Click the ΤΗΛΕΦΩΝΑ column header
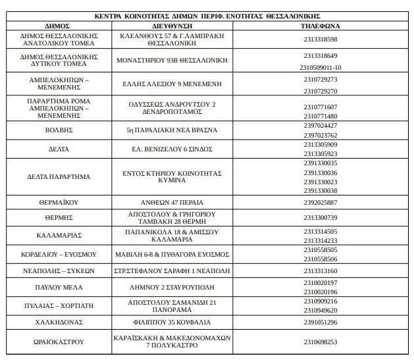(x=320, y=26)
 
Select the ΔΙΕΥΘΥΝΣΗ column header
(x=173, y=26)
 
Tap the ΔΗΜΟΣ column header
(x=59, y=26)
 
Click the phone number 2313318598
(x=320, y=39)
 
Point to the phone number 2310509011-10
(x=321, y=67)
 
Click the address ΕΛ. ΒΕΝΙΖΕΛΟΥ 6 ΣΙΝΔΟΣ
(x=172, y=149)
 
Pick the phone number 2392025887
(x=321, y=202)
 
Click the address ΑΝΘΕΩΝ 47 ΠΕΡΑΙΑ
(x=172, y=202)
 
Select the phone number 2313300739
(x=321, y=218)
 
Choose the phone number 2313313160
(x=321, y=271)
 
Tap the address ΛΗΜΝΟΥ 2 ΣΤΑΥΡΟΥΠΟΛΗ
(x=172, y=288)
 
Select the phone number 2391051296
(x=321, y=322)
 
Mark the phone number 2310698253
(x=321, y=342)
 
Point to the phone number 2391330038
(x=321, y=191)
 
